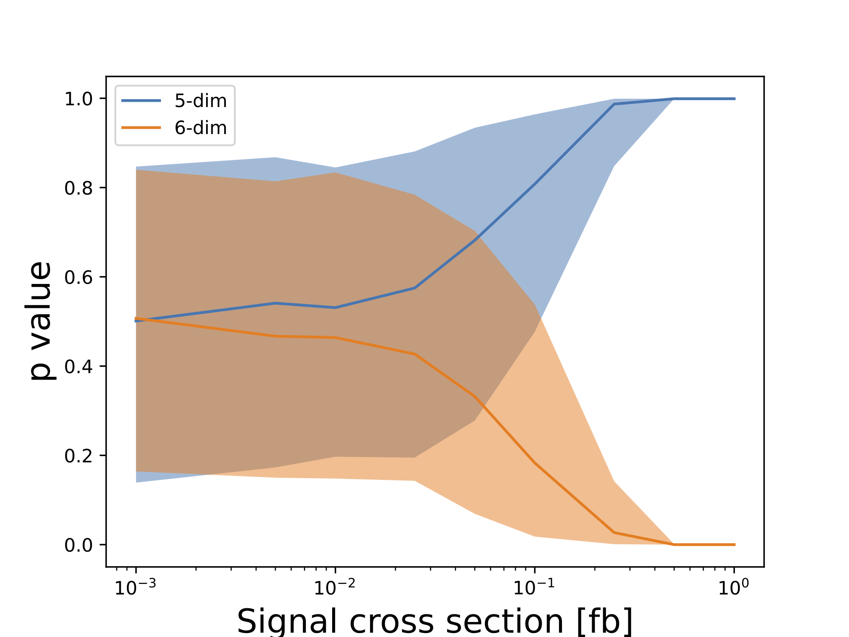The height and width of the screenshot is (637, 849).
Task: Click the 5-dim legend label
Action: pyautogui.click(x=200, y=101)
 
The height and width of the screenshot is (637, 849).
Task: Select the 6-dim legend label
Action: pyautogui.click(x=200, y=128)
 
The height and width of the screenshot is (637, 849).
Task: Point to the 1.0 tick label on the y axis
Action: pyautogui.click(x=78, y=99)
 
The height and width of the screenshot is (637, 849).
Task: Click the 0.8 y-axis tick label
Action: pyautogui.click(x=78, y=188)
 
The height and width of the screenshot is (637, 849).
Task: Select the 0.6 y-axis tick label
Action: pyautogui.click(x=78, y=278)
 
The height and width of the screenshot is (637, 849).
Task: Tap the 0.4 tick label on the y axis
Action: pyautogui.click(x=78, y=367)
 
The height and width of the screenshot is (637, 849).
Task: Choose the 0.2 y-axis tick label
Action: pyautogui.click(x=78, y=456)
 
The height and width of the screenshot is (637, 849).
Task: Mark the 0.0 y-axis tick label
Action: pyautogui.click(x=78, y=545)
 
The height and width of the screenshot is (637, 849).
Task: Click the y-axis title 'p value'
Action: pyautogui.click(x=41, y=321)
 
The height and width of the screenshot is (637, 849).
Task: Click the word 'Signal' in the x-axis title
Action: pyautogui.click(x=288, y=621)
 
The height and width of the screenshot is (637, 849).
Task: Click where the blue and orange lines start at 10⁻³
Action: pyautogui.click(x=136, y=319)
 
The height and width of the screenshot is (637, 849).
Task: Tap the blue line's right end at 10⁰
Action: pyautogui.click(x=734, y=99)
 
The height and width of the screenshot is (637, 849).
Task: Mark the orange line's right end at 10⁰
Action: pyautogui.click(x=734, y=545)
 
